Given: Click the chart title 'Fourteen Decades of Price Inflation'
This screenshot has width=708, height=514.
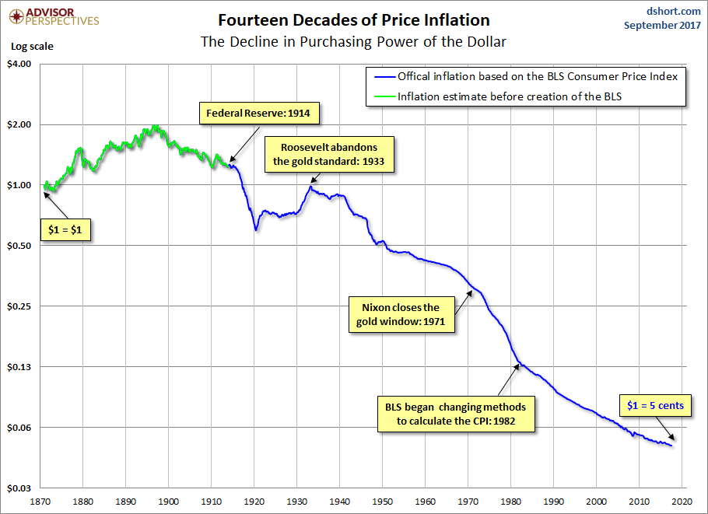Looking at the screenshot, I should [354, 19].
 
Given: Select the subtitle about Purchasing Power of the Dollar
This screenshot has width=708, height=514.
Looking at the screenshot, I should [354, 40].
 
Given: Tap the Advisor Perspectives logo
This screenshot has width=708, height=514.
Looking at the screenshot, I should [53, 16].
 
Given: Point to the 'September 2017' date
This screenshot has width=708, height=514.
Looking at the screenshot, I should [663, 25].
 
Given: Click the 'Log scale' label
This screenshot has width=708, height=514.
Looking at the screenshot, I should [32, 46].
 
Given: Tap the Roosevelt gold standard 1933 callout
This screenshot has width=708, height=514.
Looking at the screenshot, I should [329, 155].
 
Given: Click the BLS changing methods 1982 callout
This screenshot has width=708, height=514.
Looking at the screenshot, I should [455, 414].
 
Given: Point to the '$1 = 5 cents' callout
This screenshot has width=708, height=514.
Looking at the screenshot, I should [656, 405].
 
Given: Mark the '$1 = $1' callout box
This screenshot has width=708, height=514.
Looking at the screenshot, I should [65, 231].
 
